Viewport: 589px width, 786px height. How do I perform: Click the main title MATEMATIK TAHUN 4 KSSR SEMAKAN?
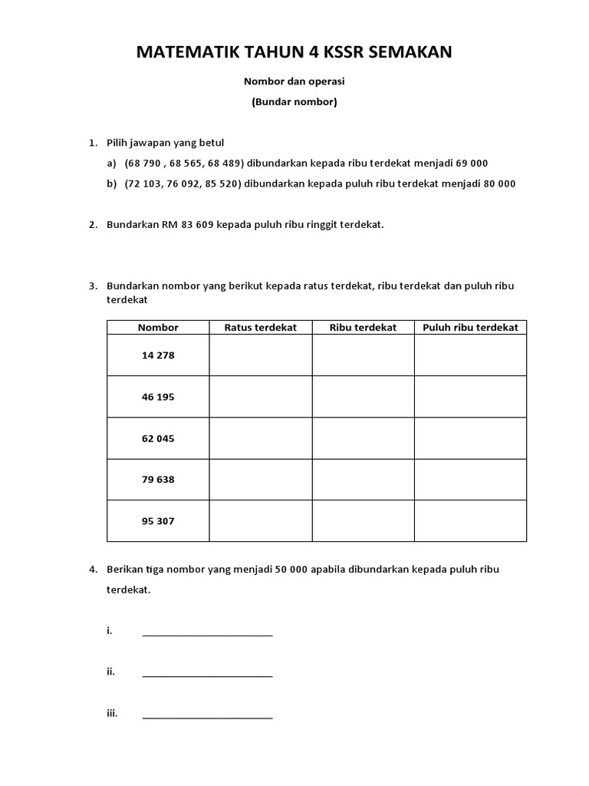(294, 53)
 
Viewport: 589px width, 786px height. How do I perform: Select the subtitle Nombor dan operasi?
(294, 80)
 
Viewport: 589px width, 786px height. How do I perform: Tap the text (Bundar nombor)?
(294, 101)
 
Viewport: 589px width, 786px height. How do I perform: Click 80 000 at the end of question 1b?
(495, 183)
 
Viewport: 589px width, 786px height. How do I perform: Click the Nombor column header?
(158, 327)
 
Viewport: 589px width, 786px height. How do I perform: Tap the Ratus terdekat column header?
(260, 327)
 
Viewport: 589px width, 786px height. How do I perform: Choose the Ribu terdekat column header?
(363, 327)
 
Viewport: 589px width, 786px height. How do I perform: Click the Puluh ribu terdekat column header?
(470, 327)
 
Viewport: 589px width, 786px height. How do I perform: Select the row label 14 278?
(158, 355)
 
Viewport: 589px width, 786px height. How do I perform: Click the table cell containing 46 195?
(158, 397)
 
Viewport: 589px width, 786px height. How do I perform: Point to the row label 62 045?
(158, 438)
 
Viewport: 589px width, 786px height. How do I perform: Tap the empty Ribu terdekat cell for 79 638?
(363, 480)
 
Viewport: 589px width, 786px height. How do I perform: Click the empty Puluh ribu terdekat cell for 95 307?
(470, 521)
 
